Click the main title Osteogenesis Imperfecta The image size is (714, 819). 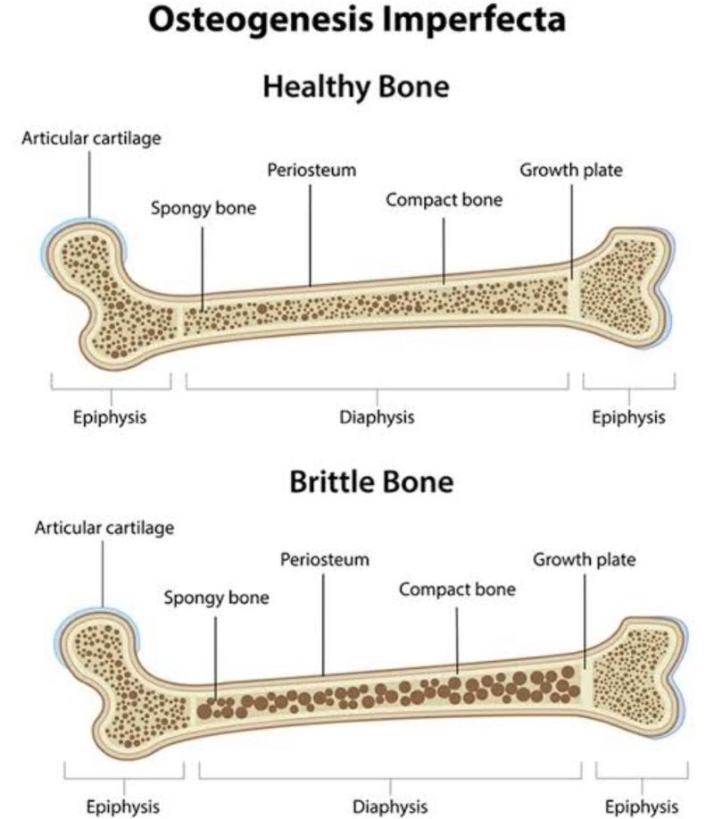coord(357,21)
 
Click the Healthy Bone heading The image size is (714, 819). coord(356,87)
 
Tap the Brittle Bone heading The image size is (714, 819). coord(371,481)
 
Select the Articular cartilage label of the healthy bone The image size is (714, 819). coord(91,138)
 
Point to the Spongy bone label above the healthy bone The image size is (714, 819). coord(203,208)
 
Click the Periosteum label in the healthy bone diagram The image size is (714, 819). coord(311,170)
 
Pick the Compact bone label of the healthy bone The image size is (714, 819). coord(444,199)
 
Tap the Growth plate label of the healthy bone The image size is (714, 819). coord(571,171)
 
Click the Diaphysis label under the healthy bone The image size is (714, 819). coord(377,417)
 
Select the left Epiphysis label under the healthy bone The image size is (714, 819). coord(110,417)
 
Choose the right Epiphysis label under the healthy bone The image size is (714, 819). coord(628,417)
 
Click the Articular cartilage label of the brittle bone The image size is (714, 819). coord(104,528)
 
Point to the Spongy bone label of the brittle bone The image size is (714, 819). coord(217,598)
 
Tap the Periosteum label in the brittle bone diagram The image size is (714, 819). coord(325,559)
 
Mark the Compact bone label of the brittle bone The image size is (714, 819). coord(457,589)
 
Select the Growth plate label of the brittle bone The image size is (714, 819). coord(584,560)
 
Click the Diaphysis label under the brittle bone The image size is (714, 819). coord(390,806)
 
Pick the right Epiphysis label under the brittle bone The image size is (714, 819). coord(642,806)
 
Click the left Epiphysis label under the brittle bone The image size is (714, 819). coord(122,806)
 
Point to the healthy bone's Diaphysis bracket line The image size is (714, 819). coord(377,389)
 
